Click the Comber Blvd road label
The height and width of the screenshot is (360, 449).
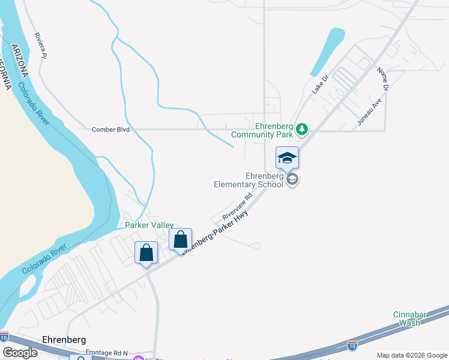pyautogui.click(x=110, y=129)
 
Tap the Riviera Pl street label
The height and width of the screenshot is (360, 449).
pyautogui.click(x=40, y=46)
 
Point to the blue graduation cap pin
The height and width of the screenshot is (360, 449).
pyautogui.click(x=287, y=158)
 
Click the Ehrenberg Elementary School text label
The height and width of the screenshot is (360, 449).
pyautogui.click(x=248, y=180)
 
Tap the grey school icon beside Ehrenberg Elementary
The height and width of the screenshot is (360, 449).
pyautogui.click(x=292, y=179)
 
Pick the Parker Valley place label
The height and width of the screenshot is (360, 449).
pyautogui.click(x=149, y=226)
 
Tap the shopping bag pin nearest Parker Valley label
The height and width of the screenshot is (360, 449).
pyautogui.click(x=180, y=240)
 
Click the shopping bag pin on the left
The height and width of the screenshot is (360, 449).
pyautogui.click(x=146, y=253)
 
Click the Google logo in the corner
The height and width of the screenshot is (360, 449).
pyautogui.click(x=19, y=353)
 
